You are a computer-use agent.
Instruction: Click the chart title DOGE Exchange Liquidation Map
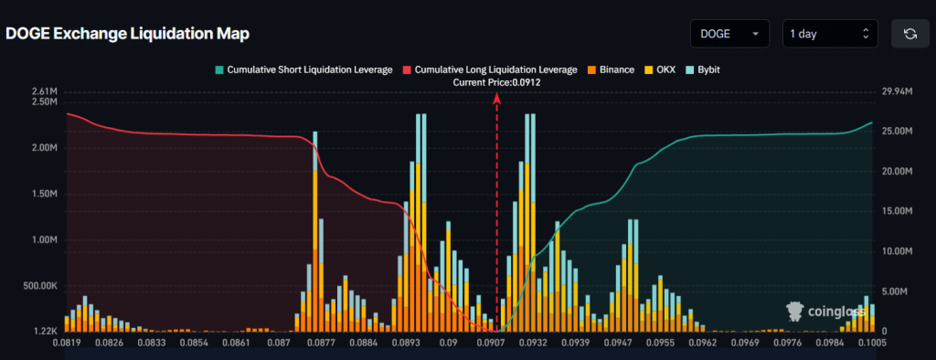coord(127,34)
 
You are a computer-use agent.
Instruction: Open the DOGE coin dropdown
coord(729,34)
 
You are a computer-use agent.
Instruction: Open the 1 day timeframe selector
coord(829,34)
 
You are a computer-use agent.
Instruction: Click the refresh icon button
coord(909,34)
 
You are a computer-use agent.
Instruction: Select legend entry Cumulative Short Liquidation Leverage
coord(303,69)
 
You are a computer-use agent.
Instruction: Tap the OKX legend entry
coord(660,69)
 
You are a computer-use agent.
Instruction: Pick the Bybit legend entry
coord(702,69)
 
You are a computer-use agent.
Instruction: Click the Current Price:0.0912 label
coord(496,82)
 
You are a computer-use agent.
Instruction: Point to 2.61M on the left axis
coord(45,91)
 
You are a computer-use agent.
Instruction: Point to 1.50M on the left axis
coord(45,195)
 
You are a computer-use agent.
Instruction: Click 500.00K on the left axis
coord(40,286)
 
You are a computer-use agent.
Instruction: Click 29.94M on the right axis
coord(899,91)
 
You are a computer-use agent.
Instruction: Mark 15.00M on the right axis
coord(899,211)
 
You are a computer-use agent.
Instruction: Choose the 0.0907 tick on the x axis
coord(491,344)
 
